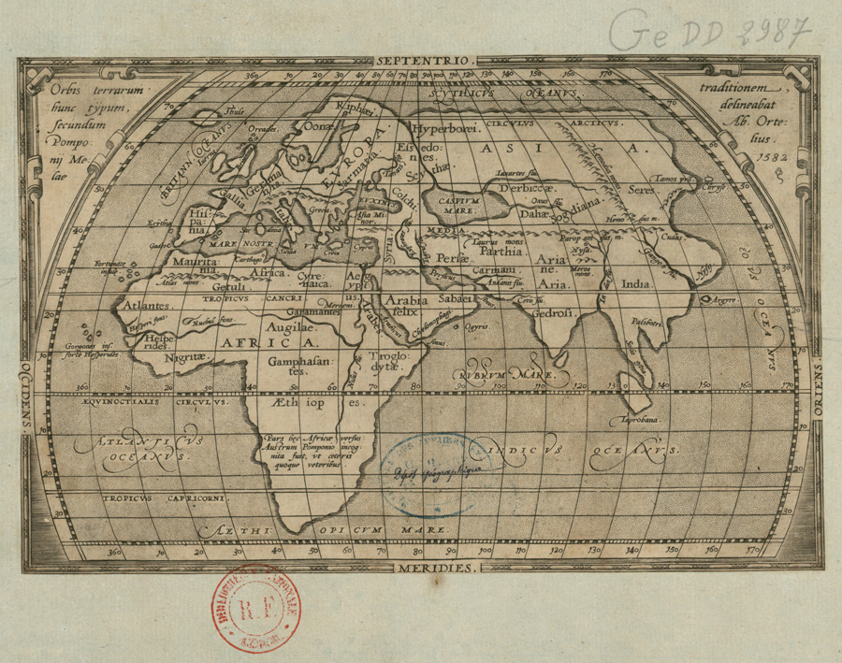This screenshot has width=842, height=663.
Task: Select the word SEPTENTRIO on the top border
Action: coord(430,60)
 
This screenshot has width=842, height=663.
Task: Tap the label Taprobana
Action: coord(640,421)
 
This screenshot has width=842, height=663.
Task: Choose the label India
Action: coord(636,283)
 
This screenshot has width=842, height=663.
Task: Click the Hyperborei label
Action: coord(446,127)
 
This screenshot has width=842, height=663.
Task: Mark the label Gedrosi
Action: coord(553,313)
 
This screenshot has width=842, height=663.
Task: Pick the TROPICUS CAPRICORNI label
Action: coord(165,498)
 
